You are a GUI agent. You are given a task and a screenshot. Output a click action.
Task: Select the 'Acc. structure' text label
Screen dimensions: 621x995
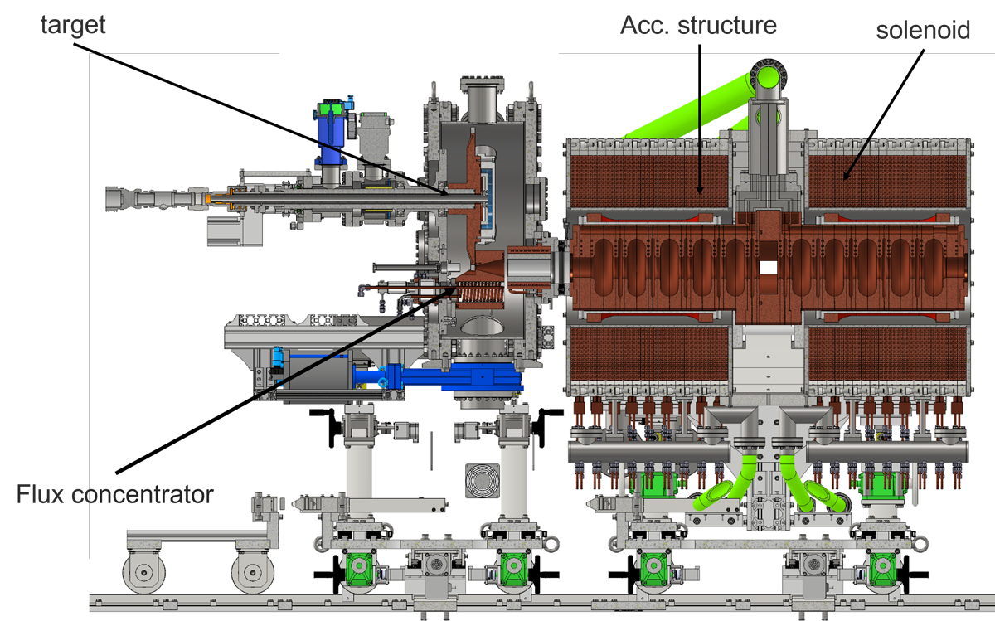click(x=698, y=26)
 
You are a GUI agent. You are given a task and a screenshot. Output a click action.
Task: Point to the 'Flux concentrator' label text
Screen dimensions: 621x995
click(x=115, y=495)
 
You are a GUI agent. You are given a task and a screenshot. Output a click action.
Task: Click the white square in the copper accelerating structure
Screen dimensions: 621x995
click(x=769, y=268)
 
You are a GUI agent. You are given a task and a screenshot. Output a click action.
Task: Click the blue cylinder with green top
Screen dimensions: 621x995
click(x=332, y=133)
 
